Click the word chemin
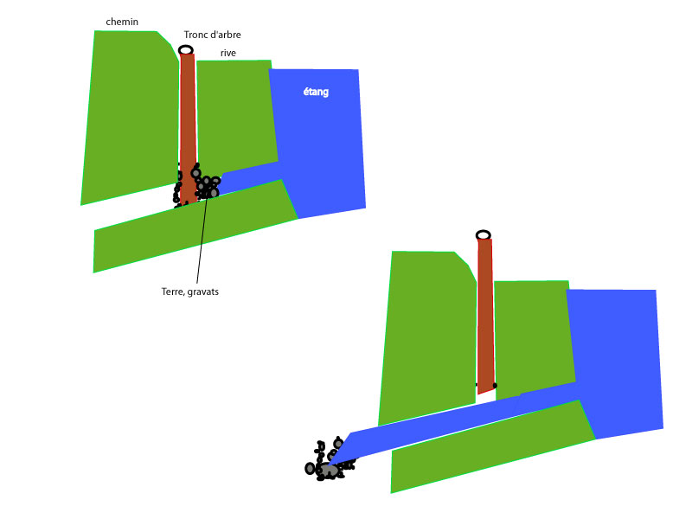(x=122, y=22)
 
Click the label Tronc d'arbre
(x=212, y=35)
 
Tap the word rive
(x=228, y=53)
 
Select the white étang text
(x=316, y=92)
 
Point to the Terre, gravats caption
(x=190, y=292)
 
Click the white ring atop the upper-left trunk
(x=186, y=50)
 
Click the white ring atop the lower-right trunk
(x=484, y=234)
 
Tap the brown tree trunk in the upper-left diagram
(x=188, y=128)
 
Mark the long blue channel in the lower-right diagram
(x=455, y=424)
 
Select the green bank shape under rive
(x=236, y=115)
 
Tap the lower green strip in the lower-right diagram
(x=492, y=446)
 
